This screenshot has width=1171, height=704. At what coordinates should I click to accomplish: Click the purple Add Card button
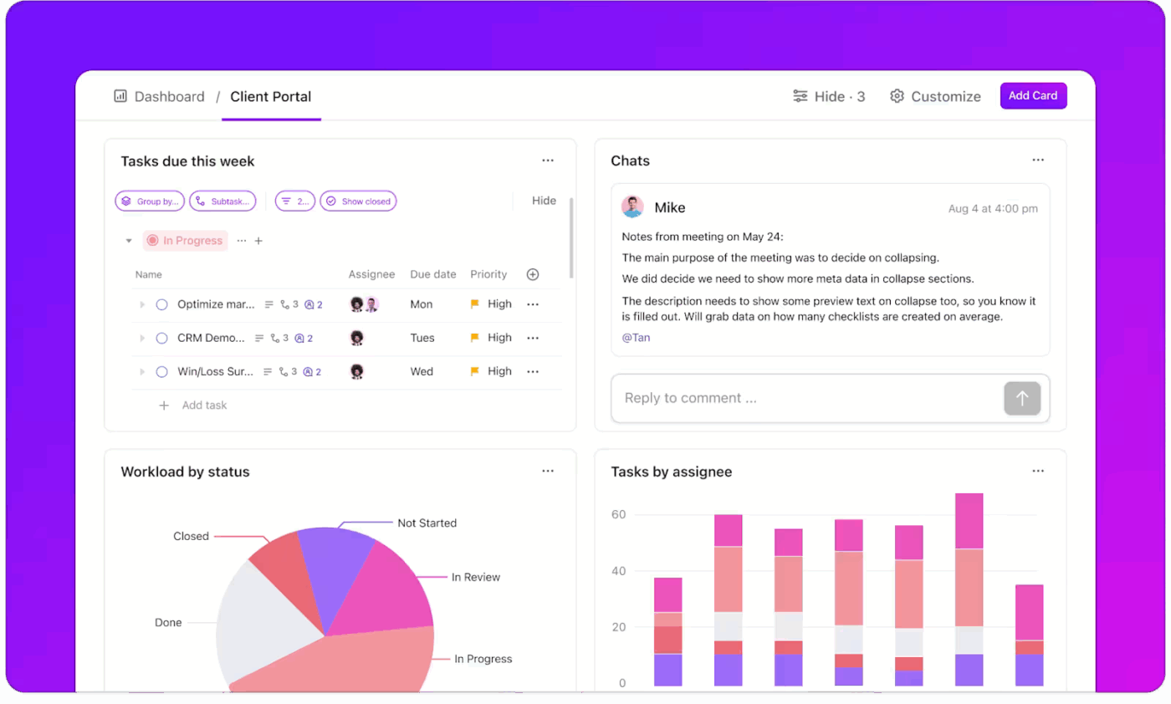[x=1033, y=96]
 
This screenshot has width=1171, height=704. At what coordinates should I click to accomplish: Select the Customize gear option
[x=935, y=96]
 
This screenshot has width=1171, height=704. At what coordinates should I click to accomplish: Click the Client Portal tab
[x=270, y=96]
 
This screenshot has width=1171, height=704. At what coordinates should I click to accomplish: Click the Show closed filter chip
[x=359, y=202]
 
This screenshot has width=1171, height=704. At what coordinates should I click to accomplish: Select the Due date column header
[x=432, y=274]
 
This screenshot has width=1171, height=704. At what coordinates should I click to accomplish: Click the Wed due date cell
[x=422, y=371]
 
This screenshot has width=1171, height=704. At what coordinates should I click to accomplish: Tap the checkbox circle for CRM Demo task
[x=162, y=338]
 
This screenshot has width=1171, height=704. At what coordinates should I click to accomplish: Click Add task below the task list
[x=204, y=406]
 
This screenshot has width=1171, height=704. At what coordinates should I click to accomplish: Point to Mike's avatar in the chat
[x=632, y=207]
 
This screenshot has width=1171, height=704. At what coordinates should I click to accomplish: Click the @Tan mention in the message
[x=636, y=338]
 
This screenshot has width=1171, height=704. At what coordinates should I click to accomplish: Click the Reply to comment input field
[x=803, y=399]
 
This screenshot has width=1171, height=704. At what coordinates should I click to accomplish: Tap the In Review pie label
[x=475, y=577]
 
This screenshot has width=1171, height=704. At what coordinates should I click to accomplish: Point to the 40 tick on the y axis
[x=618, y=572]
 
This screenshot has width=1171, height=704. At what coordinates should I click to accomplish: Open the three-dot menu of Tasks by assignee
[x=1038, y=472]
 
